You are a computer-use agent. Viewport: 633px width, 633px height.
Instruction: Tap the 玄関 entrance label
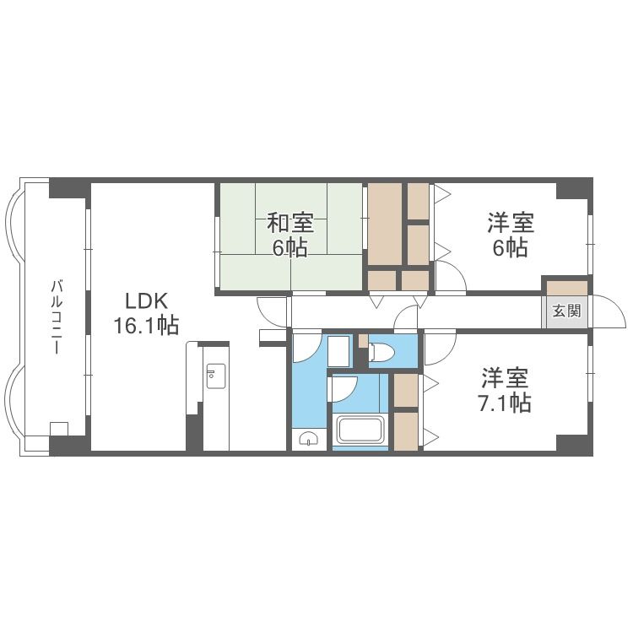click(x=566, y=310)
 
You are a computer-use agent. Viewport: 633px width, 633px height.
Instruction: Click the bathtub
click(x=360, y=430)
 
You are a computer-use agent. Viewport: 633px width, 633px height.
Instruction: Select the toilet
click(x=381, y=352)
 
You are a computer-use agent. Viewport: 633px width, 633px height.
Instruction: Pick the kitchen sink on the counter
click(x=214, y=377)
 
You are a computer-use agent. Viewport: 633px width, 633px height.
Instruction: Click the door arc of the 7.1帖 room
click(x=440, y=346)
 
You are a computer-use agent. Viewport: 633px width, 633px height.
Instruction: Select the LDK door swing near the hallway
click(x=271, y=311)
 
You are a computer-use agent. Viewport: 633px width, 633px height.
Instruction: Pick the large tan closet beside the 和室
click(x=385, y=224)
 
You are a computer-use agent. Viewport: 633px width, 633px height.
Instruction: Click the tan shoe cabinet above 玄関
click(x=565, y=286)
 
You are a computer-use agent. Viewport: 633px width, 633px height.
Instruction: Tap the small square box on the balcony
click(x=59, y=427)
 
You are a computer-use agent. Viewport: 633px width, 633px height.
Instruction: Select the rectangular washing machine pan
click(x=339, y=349)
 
